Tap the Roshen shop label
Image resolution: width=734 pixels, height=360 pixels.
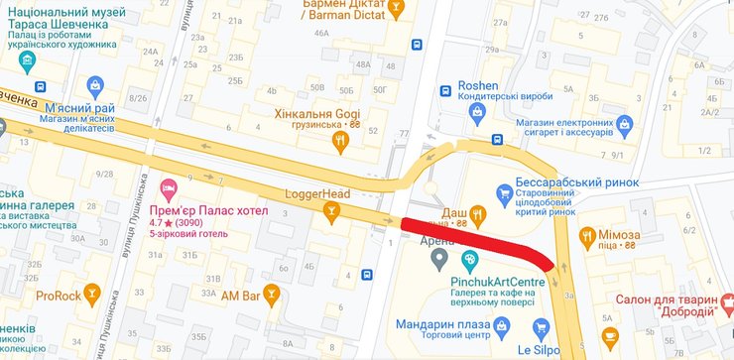(479, 86)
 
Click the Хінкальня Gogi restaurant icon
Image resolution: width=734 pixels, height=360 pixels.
(341, 142)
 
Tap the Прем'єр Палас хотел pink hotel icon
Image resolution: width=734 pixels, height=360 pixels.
(169, 187)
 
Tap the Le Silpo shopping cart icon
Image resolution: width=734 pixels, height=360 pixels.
(540, 327)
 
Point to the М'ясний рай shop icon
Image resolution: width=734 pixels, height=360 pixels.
(95, 86)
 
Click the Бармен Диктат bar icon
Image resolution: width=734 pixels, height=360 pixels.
(397, 10)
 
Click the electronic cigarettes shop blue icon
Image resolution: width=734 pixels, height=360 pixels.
(623, 125)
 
